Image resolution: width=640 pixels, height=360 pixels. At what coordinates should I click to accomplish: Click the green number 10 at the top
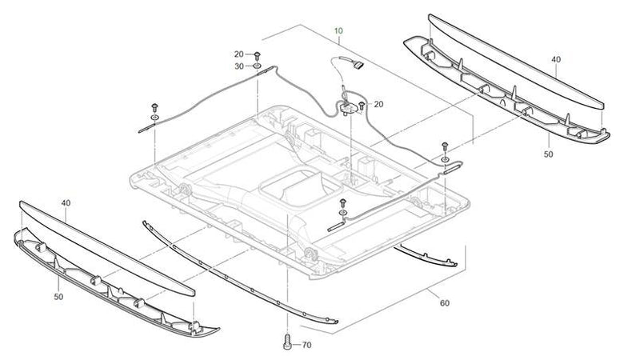point(338,31)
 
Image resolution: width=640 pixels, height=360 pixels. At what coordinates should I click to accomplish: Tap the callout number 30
point(238,66)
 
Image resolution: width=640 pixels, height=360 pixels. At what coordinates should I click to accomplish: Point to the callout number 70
point(306,346)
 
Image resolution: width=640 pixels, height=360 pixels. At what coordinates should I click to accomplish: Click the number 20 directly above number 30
point(238,54)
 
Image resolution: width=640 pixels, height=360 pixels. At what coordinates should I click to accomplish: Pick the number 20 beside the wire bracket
point(378,104)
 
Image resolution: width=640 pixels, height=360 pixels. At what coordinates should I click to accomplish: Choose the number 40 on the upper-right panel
point(555,60)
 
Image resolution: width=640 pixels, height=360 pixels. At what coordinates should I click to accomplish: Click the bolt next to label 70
point(286,343)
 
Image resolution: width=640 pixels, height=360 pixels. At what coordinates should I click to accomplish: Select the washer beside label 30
point(257,67)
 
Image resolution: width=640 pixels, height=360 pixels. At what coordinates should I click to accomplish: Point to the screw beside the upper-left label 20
point(257,54)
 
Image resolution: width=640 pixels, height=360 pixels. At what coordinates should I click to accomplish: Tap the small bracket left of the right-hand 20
point(347,104)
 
